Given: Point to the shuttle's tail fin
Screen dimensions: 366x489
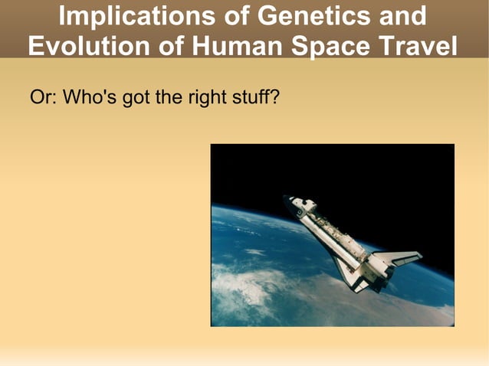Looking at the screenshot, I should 399,257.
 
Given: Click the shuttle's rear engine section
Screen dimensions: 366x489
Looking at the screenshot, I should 376,268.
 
